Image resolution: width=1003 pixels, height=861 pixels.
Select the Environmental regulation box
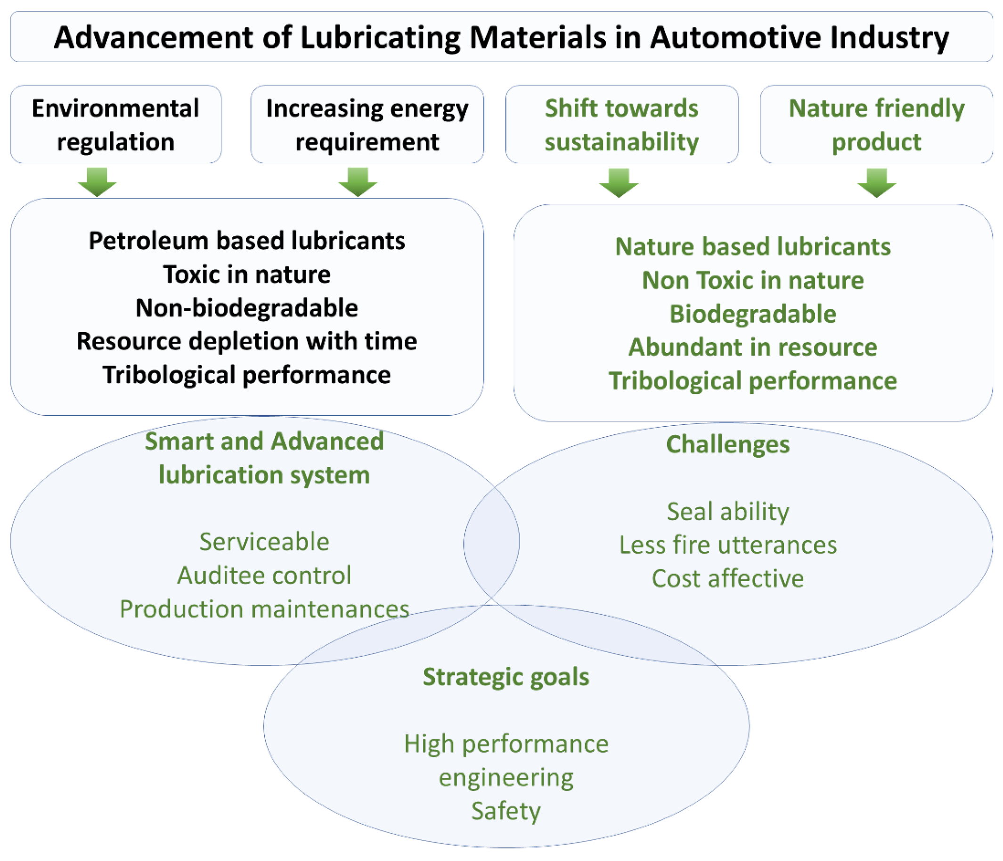pos(116,124)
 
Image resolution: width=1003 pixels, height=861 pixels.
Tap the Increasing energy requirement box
pos(367,124)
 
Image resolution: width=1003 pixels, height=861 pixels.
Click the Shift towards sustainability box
pos(621,124)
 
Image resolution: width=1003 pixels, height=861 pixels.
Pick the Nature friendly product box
pos(876,124)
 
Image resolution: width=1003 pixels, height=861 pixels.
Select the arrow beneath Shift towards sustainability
pos(619,182)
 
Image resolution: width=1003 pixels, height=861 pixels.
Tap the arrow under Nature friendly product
pos(877,182)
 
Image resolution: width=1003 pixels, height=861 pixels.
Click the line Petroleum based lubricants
pos(247,241)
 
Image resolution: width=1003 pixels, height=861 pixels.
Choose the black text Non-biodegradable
pos(247,308)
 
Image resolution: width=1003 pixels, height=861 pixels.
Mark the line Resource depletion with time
pos(247,341)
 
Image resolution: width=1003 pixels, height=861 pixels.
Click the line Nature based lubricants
pos(753,246)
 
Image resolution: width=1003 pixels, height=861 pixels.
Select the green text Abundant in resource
pos(753,347)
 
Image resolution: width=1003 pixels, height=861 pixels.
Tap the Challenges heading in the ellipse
pos(727,444)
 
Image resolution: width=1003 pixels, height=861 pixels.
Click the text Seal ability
pos(727,511)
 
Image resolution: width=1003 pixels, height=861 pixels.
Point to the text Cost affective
pos(727,579)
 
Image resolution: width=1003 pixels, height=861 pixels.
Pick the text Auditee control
pos(264,575)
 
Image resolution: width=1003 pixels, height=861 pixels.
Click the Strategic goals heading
pos(506,677)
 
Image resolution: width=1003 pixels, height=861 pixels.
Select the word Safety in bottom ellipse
pos(506,811)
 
